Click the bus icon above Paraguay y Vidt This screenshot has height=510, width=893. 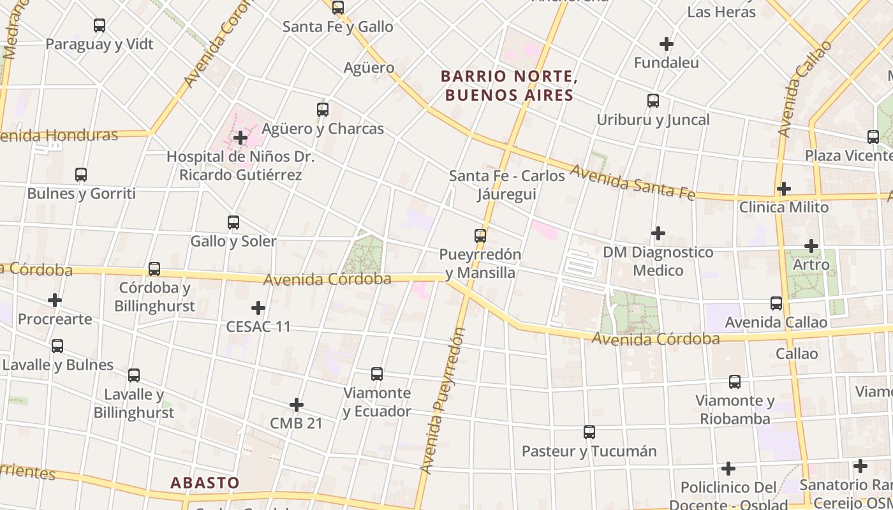pos(100,25)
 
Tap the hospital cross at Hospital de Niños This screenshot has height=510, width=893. pos(240,137)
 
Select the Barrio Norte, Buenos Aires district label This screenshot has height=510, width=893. pos(509,86)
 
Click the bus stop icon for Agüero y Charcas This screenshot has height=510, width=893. pos(323,109)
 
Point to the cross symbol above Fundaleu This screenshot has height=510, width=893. pos(667,44)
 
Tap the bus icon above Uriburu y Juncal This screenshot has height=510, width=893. pos(653,100)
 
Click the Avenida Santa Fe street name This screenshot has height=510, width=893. pos(631,182)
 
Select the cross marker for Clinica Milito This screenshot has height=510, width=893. pos(784,189)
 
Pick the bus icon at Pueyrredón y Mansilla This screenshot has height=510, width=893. pos(480,235)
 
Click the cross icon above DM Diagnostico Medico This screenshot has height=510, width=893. pos(658,233)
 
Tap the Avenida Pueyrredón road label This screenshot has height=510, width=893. pos(444,402)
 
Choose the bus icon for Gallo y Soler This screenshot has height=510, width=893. pos(233,222)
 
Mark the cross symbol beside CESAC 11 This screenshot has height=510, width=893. pos(258,308)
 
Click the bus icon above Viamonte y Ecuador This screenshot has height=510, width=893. pos(377,374)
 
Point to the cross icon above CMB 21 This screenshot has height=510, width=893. pos(297,405)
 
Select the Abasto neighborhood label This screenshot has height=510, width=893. pos(205,483)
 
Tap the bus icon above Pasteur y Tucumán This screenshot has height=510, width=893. pos(589,432)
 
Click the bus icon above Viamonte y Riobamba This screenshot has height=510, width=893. pos(735,382)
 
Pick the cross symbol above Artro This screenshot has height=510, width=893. pos(811,245)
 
